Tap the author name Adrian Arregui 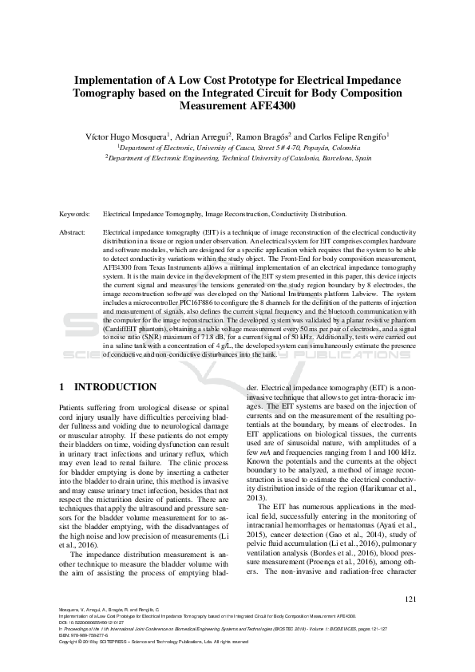pos(203,136)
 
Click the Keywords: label pos(74,215)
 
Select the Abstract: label pos(73,231)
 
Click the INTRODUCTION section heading pos(114,387)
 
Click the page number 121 pos(410,622)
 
